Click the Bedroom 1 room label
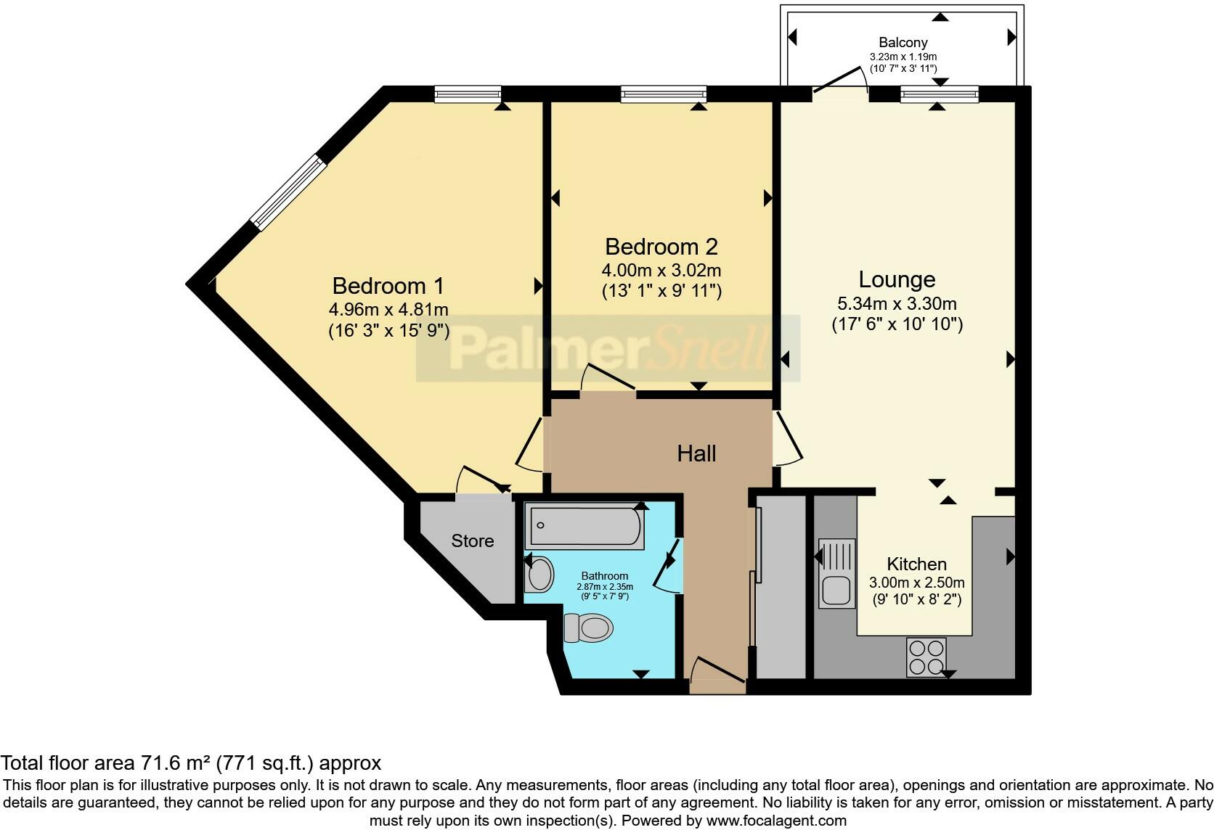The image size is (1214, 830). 388,285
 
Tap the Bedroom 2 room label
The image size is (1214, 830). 661,247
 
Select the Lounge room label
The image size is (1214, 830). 897,279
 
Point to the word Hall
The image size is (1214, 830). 696,454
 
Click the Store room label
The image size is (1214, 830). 473,541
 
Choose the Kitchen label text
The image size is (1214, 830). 916,564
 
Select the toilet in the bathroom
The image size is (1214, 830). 587,628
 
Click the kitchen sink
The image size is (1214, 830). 836,573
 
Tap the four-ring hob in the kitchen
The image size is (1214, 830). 926,657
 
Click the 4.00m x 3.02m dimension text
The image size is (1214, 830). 661,271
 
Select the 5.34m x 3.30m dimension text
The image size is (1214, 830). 897,304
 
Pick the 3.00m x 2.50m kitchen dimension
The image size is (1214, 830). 916,583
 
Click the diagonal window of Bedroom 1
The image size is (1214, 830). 285,192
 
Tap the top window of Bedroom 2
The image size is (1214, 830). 664,93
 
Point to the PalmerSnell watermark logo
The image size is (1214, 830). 608,349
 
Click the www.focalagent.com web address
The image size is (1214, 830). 776,821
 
